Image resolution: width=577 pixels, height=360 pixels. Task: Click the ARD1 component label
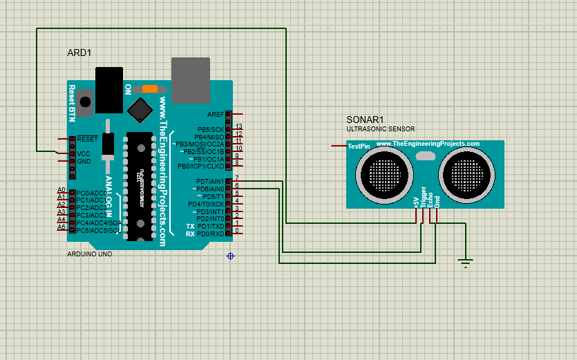[79, 53]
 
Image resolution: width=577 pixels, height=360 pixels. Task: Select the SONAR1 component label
[365, 119]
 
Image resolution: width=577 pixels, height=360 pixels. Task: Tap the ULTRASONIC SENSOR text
[380, 129]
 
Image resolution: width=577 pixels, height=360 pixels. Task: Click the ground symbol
[466, 263]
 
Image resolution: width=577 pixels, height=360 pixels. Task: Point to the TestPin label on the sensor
[358, 146]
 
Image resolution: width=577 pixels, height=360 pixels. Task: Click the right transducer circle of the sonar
[467, 171]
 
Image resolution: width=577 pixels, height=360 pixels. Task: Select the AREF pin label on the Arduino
[216, 114]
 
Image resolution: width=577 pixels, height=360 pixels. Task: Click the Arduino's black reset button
[85, 102]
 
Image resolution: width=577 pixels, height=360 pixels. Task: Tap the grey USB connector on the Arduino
[190, 79]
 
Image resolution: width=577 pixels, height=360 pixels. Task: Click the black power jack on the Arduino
[109, 89]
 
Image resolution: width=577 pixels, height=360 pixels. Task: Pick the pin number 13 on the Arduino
[239, 127]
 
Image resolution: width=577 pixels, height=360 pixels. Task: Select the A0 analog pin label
[61, 190]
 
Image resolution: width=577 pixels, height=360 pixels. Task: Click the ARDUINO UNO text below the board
[89, 254]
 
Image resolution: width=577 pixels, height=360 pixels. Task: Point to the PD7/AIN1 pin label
[210, 181]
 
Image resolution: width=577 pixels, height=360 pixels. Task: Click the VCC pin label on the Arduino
[84, 153]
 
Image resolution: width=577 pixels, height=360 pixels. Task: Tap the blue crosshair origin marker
[230, 256]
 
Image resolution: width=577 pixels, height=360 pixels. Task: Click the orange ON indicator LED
[150, 89]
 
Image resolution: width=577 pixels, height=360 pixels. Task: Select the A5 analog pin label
[61, 227]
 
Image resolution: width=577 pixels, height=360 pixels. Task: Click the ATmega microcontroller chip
[139, 187]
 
